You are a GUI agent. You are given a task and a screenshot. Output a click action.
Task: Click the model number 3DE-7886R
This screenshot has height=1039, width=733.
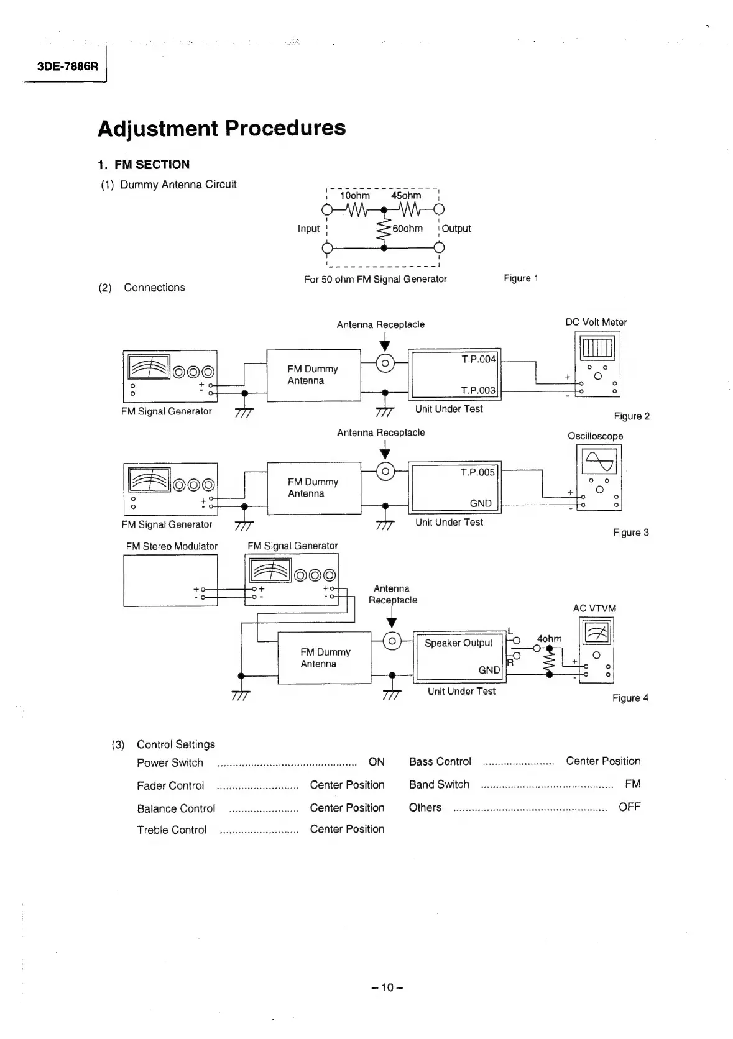click(67, 66)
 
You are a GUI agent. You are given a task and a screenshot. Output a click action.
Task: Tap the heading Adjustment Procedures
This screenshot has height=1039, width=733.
click(221, 128)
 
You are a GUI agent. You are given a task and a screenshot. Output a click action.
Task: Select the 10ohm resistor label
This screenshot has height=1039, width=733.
click(355, 196)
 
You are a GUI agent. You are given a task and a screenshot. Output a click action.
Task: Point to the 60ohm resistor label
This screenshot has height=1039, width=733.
click(407, 229)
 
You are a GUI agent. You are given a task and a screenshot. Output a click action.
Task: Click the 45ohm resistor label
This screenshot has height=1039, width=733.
click(406, 196)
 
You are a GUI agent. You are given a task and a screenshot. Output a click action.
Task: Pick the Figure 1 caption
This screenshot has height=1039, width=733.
click(520, 278)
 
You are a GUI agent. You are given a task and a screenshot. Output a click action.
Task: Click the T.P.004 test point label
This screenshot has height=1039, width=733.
click(478, 359)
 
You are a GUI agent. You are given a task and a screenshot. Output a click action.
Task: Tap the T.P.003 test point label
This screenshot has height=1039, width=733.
click(478, 390)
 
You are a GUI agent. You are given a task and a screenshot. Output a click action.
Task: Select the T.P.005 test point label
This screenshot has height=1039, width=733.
click(477, 472)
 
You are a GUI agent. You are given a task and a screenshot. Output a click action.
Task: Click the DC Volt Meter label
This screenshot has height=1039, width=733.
click(596, 322)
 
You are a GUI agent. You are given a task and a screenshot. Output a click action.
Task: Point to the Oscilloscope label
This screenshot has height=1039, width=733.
click(595, 436)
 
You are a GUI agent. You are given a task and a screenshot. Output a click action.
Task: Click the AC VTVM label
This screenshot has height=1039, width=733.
click(594, 608)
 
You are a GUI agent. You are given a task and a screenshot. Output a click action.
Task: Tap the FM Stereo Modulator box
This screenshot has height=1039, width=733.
click(170, 580)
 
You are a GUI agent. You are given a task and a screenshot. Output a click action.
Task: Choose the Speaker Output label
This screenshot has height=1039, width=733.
click(458, 643)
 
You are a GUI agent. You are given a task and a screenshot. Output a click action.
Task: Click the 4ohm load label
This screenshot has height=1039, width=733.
click(549, 639)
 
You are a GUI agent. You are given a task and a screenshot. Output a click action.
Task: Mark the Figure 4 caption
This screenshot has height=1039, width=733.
click(630, 698)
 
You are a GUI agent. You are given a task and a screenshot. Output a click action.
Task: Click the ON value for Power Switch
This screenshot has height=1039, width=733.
click(376, 762)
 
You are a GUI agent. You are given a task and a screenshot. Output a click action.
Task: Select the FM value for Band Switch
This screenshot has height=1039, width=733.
click(632, 784)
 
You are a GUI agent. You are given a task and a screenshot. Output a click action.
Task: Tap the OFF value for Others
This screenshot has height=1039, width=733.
click(629, 807)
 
